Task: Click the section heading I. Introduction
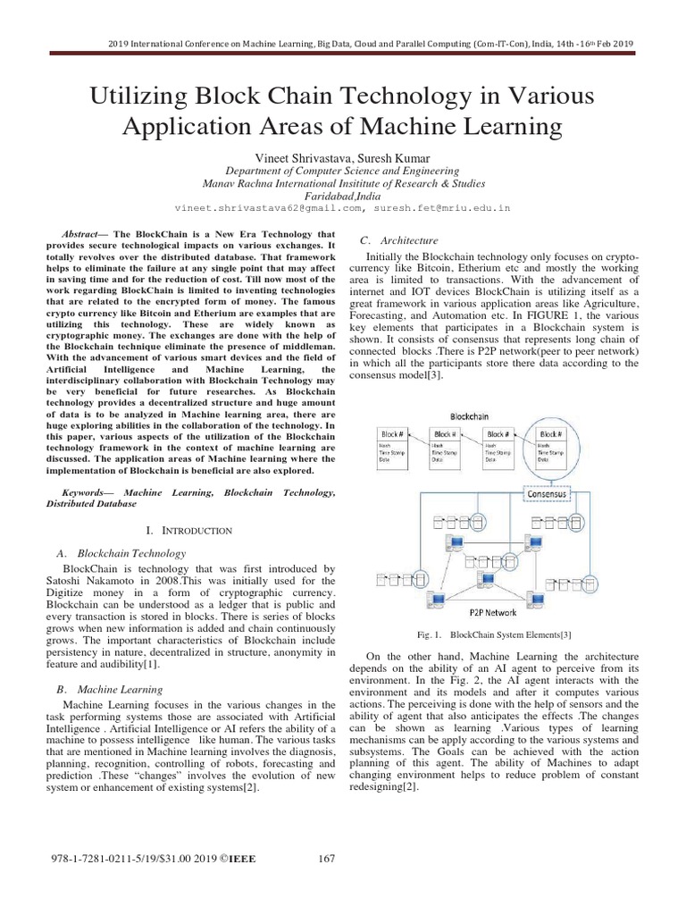(x=195, y=530)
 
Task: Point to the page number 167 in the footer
(x=326, y=859)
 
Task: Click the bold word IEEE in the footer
(x=240, y=859)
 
